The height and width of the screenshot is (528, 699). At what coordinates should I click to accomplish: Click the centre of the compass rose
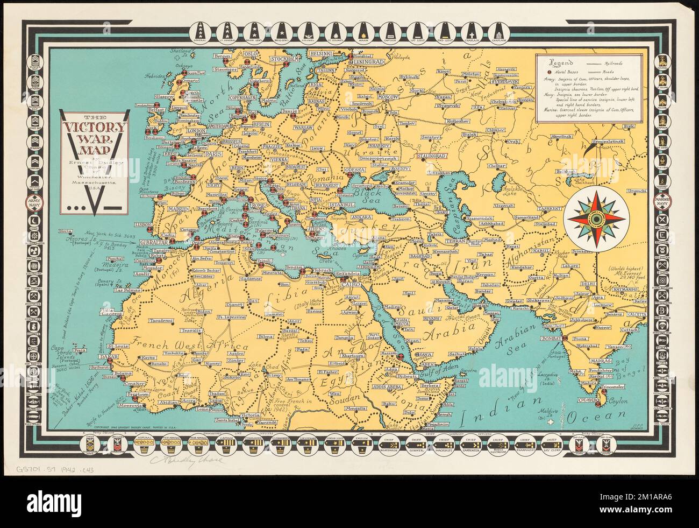(594, 219)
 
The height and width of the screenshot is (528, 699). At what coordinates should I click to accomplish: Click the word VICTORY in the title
(95, 128)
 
